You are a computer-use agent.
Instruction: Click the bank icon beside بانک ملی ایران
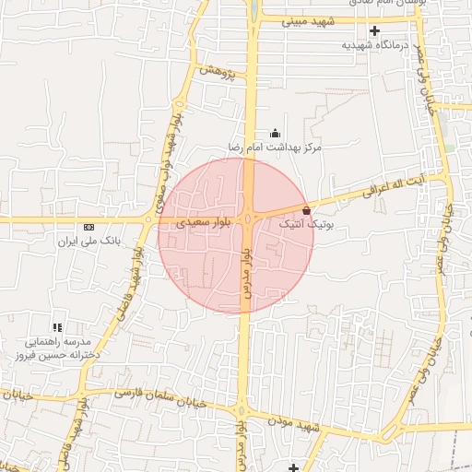coord(88,227)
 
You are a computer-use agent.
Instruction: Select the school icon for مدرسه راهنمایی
coord(57,327)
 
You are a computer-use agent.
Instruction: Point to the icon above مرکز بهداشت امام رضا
coord(274,134)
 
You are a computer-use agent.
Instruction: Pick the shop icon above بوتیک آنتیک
coord(306,210)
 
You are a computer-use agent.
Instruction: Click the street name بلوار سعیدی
coord(201,222)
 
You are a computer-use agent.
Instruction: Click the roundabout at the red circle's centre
coord(249,218)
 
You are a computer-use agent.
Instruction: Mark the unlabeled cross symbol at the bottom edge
coord(293,467)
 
